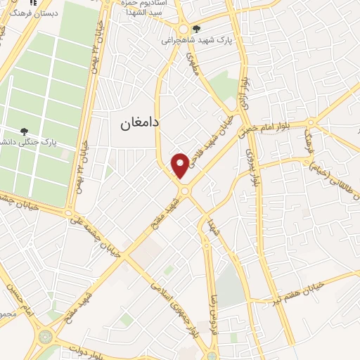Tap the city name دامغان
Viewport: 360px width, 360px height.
pos(136,122)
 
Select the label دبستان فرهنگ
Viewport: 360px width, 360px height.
pos(29,12)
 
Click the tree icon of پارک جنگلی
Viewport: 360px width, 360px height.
pos(25,131)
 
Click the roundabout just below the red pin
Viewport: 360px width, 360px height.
pos(184,191)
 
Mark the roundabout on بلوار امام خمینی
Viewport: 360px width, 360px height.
pos(310,124)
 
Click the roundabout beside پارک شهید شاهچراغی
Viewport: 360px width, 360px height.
pos(181,29)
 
